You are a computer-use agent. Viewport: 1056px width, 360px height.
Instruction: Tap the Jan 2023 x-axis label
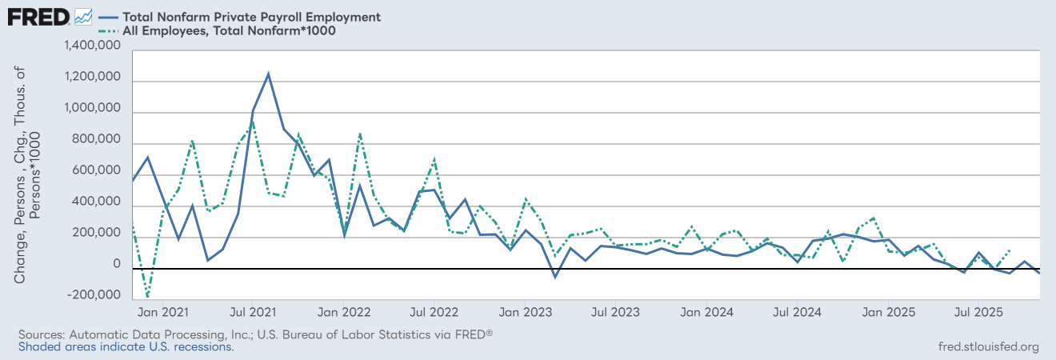click(524, 310)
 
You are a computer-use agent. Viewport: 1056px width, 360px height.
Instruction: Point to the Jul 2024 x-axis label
click(795, 310)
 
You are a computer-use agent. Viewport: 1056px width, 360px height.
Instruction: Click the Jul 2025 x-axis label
click(976, 310)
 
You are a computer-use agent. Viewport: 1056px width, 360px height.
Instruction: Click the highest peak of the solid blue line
click(268, 74)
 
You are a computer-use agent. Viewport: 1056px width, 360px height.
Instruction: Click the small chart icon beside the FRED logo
click(83, 16)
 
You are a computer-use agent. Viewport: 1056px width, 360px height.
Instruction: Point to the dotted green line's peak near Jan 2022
click(360, 133)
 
